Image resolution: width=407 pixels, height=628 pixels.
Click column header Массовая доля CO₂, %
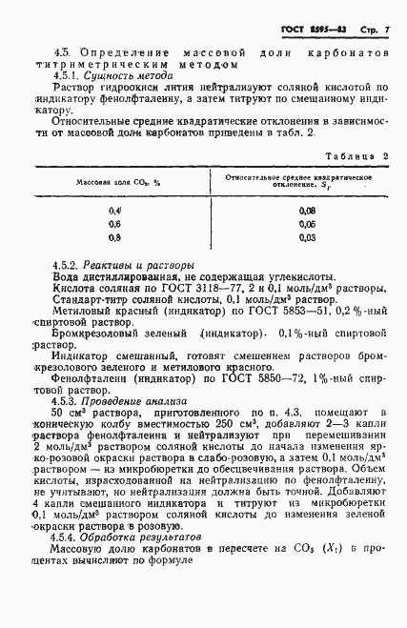pyautogui.click(x=116, y=181)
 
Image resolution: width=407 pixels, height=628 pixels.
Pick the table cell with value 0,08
pyautogui.click(x=307, y=210)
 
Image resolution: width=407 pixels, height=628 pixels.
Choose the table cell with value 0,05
pyautogui.click(x=307, y=223)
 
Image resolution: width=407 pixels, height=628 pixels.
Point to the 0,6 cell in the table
pyautogui.click(x=116, y=223)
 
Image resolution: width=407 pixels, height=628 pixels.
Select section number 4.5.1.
pyautogui.click(x=71, y=71)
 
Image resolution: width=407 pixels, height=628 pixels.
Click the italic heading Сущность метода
pyautogui.click(x=132, y=71)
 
